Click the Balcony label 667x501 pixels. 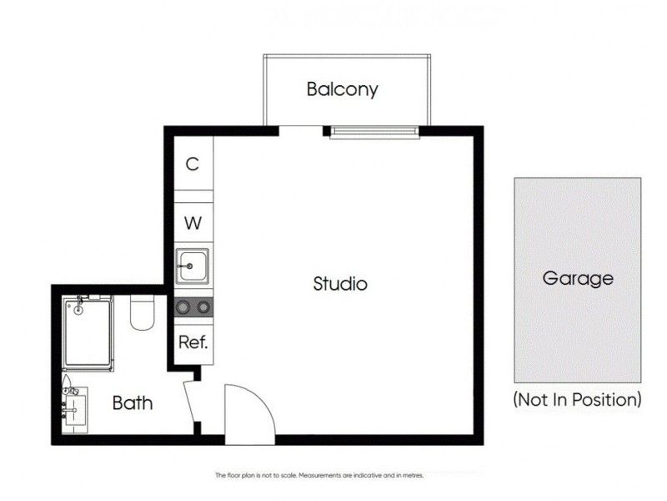coord(342,89)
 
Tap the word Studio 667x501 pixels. coord(340,284)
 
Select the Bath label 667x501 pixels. coord(133,404)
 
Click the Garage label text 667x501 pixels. coord(578,279)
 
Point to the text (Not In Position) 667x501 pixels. coord(578,399)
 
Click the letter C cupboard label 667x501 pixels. coord(193,164)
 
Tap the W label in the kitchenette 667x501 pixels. coord(193,224)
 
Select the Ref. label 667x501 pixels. coord(193,342)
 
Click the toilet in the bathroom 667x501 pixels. coord(141,312)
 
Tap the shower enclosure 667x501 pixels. coord(88,331)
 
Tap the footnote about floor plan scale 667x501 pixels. coord(320,475)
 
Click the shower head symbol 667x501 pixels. coord(80,307)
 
